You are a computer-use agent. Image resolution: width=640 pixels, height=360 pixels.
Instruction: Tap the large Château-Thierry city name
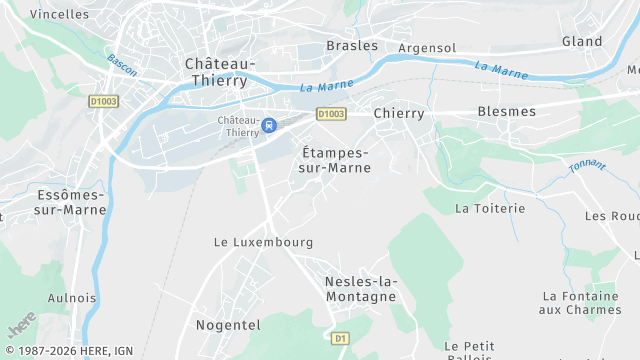(220, 72)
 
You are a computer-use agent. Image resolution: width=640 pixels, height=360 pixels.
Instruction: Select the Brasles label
(352, 45)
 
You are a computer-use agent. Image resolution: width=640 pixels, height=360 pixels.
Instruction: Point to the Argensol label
(427, 48)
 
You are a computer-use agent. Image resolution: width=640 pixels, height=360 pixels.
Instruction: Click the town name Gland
(582, 42)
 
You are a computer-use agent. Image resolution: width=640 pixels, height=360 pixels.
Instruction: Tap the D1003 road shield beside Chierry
(331, 114)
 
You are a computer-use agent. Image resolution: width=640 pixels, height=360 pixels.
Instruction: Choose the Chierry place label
(399, 113)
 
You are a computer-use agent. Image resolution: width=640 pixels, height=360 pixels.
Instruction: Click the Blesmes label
(507, 111)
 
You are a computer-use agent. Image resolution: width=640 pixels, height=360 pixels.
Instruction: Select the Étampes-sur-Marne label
(336, 160)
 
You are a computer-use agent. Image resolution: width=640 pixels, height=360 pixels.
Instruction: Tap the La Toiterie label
(490, 208)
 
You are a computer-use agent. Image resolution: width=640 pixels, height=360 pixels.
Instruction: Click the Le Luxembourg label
(264, 242)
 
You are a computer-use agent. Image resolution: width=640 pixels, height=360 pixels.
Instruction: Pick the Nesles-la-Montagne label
(361, 289)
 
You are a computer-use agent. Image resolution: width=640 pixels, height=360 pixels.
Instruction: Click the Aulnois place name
(72, 298)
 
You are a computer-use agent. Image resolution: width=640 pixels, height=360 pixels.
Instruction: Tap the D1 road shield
(341, 339)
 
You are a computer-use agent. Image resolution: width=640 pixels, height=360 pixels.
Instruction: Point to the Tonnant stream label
(587, 169)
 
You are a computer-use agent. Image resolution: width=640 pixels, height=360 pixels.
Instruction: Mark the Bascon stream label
(121, 65)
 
